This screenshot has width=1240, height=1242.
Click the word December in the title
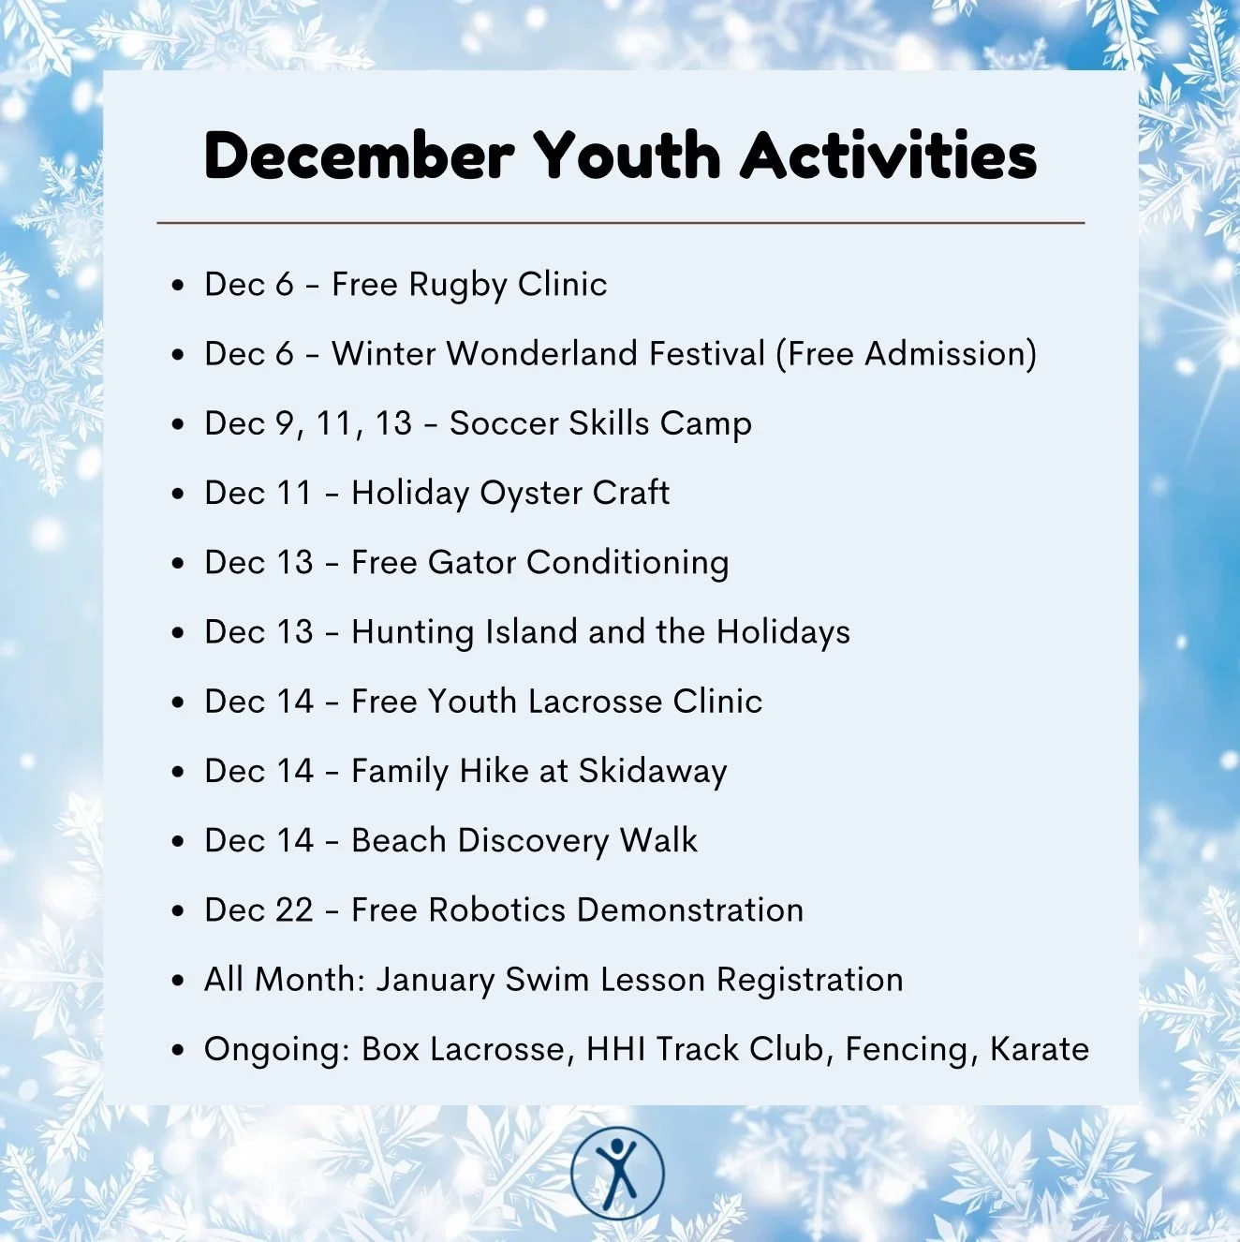point(359,155)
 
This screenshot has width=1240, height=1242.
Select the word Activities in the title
point(889,155)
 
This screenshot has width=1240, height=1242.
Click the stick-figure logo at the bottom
point(617,1174)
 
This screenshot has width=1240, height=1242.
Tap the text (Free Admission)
point(906,354)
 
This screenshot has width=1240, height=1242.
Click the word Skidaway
point(652,771)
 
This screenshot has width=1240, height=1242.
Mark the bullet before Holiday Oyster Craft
point(178,494)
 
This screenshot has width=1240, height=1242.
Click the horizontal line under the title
point(620,223)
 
